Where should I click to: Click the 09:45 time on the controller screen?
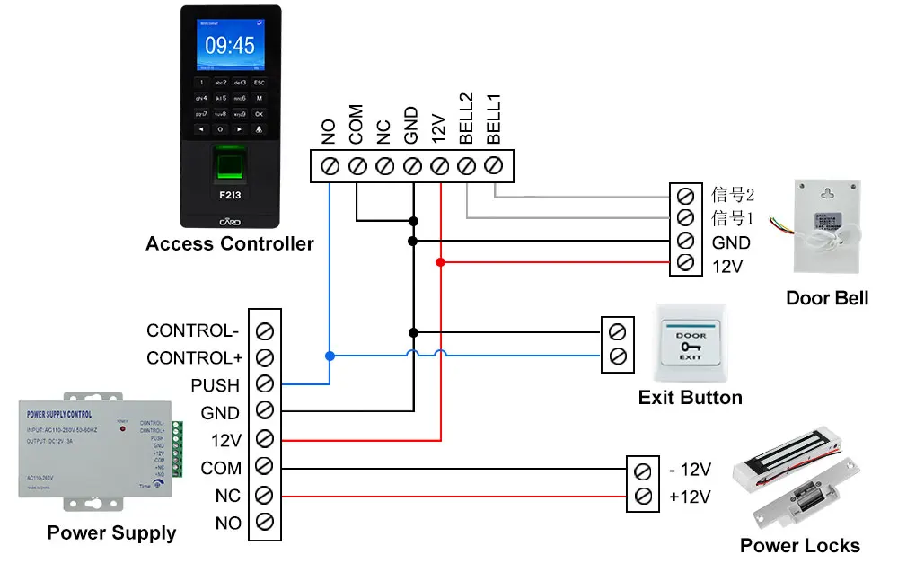pos(230,45)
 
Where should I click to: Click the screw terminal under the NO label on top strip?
pos(330,166)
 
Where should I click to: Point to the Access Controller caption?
pos(230,243)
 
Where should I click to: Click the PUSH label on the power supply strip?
pos(216,385)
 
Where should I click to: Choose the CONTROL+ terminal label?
pos(195,358)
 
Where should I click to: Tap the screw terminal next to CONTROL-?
pos(265,330)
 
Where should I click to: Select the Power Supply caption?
pos(111,532)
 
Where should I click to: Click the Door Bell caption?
pos(827,298)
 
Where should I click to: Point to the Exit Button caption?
pos(690,397)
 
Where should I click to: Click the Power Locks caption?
pos(799,545)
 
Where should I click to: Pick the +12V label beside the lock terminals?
pos(691,497)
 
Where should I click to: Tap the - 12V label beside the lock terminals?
pos(691,470)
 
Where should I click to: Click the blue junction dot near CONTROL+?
pos(330,356)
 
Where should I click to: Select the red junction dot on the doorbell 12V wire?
pos(440,262)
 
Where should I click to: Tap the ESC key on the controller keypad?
pos(259,83)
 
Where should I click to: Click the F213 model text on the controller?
pos(230,194)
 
